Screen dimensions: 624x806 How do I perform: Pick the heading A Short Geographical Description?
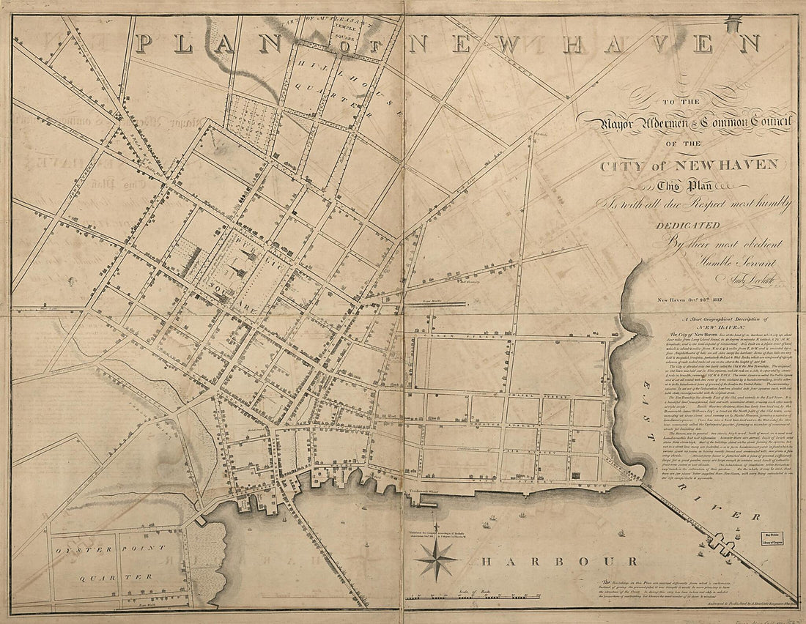coord(733,321)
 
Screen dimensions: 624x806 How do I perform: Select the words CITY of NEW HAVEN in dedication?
coord(689,165)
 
